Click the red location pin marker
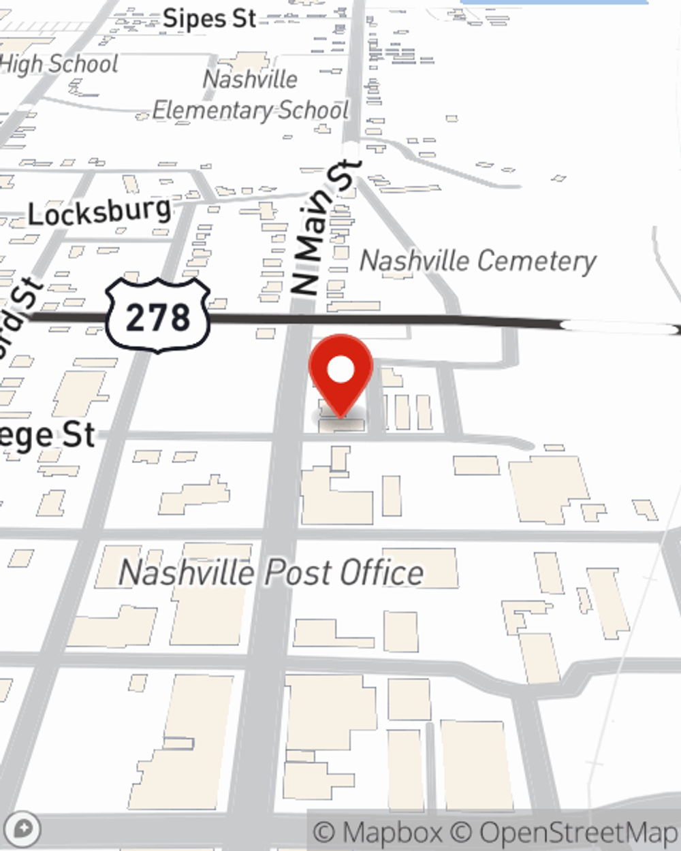340,374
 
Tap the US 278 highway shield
158,316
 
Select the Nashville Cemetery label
477,261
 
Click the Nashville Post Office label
271,572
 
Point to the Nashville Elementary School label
251,95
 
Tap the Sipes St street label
210,18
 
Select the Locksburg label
99,212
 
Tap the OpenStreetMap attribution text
577,832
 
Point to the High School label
59,64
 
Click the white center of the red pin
340,370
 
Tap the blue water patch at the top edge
553,2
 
